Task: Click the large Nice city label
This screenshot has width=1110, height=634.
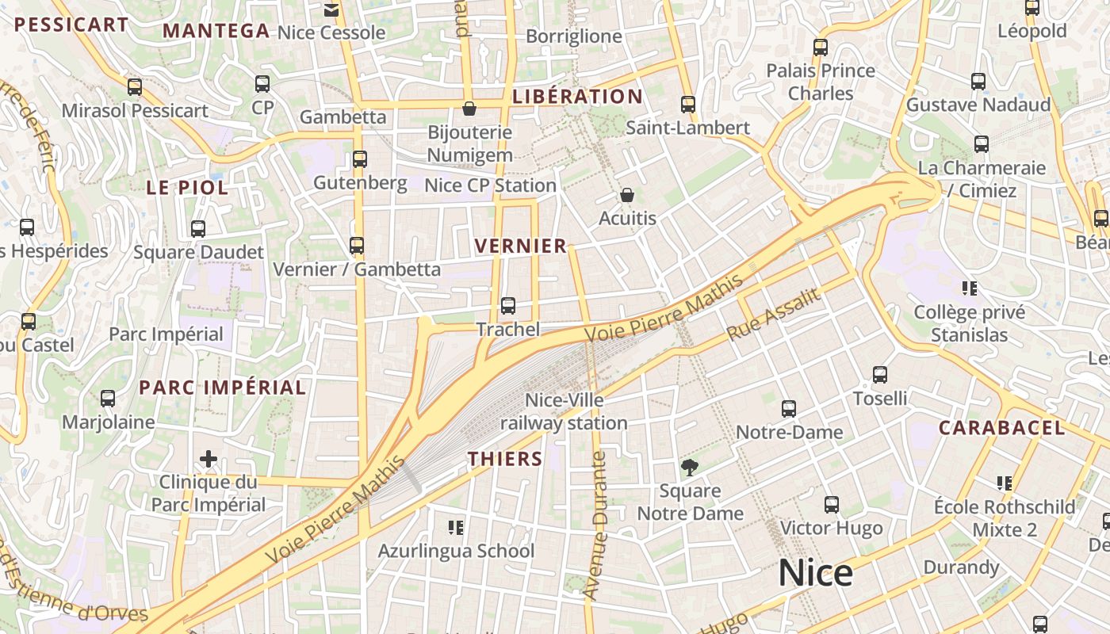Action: point(815,573)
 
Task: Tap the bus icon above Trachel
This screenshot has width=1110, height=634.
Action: point(508,305)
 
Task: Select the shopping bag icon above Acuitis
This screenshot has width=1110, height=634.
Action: point(627,194)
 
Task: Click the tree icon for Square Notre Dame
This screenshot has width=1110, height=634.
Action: point(690,467)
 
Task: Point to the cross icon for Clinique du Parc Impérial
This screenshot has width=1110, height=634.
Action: point(209,458)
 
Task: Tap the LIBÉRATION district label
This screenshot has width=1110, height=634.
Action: point(577,97)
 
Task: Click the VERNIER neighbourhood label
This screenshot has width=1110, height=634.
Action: point(521,246)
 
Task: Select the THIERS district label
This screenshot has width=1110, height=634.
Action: point(505,458)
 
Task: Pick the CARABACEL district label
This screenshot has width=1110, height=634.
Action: point(1001,428)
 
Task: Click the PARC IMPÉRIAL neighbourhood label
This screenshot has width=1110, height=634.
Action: point(222,388)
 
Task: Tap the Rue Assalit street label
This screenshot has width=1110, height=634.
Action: point(773,315)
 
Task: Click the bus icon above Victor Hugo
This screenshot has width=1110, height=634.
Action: point(831,505)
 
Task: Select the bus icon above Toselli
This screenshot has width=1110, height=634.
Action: point(880,375)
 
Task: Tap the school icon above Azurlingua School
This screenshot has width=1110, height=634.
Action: point(456,527)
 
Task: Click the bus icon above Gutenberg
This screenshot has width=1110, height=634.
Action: point(360,159)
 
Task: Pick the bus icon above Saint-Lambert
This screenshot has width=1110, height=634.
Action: point(687,105)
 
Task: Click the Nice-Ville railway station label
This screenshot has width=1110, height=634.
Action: point(564,411)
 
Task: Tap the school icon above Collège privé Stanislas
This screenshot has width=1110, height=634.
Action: point(969,288)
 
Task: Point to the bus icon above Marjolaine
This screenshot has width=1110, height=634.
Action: point(108,399)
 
